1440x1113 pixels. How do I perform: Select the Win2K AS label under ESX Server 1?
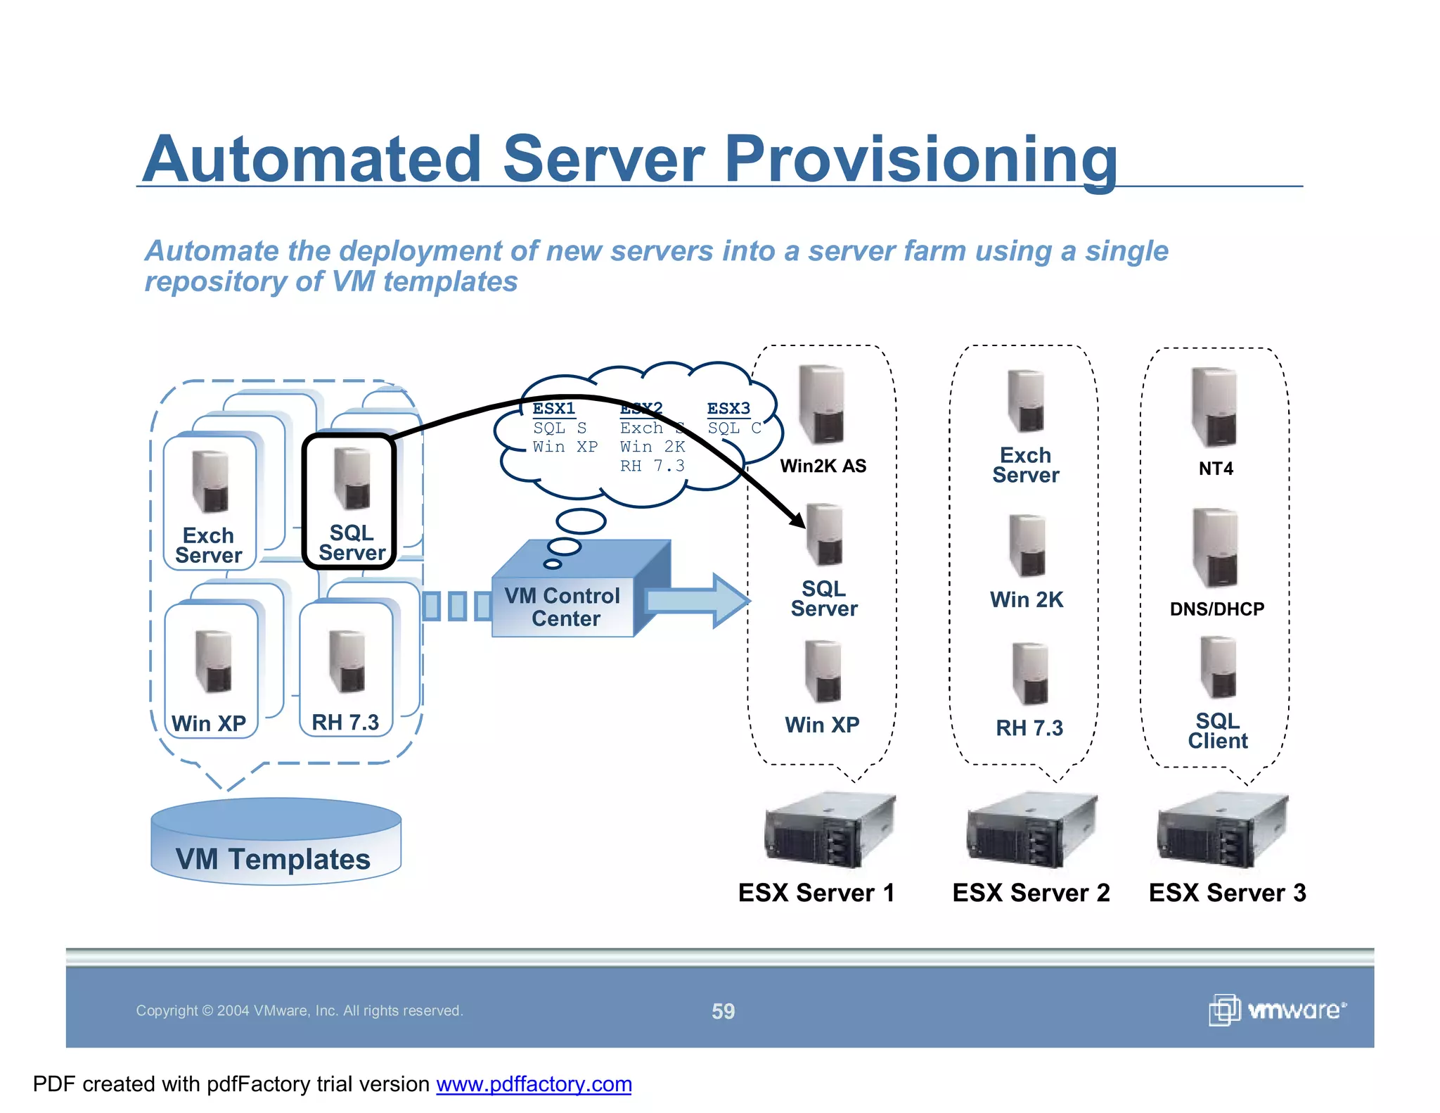point(823,466)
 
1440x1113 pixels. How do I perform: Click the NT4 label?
point(1216,469)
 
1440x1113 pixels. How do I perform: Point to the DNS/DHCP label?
point(1216,609)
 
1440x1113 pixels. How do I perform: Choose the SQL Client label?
point(1217,730)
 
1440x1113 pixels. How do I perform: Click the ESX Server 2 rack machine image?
point(1031,831)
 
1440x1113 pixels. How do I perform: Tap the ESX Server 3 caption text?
point(1227,893)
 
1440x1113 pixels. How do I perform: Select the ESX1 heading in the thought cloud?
point(553,408)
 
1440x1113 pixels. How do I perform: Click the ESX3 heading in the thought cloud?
point(728,408)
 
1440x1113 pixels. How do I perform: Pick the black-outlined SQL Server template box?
point(349,501)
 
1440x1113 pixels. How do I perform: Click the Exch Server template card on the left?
point(210,502)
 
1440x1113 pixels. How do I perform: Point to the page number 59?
point(723,1011)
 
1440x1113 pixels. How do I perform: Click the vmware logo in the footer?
point(1277,1010)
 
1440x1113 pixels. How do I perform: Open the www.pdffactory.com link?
point(534,1084)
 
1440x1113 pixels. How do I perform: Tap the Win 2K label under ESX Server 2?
point(1026,599)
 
